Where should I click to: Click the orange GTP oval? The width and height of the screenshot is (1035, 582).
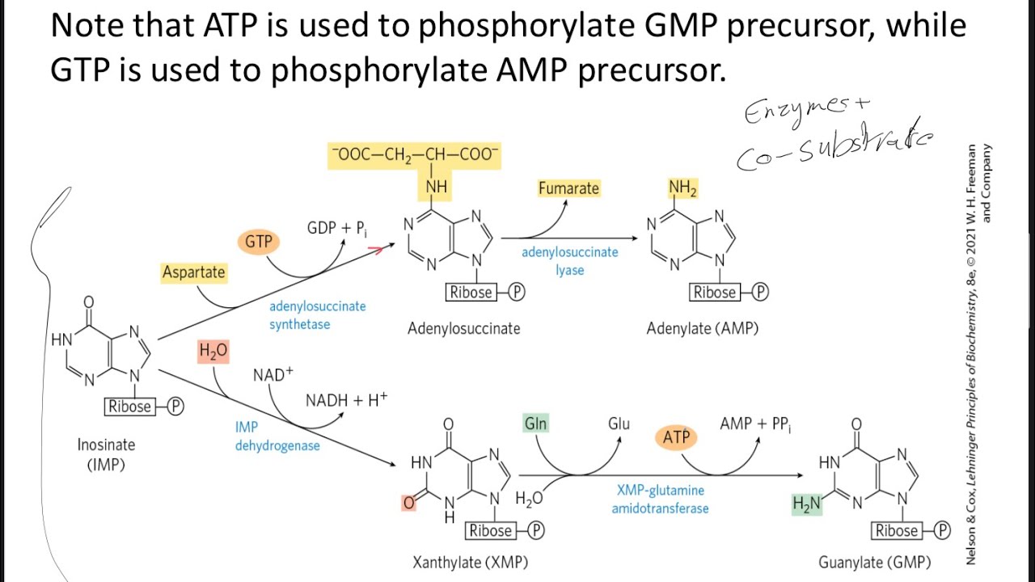click(x=259, y=241)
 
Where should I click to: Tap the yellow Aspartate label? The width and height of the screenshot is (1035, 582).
click(x=193, y=272)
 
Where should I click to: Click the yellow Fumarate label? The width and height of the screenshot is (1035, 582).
click(x=569, y=188)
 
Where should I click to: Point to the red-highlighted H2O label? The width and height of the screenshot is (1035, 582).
click(x=213, y=352)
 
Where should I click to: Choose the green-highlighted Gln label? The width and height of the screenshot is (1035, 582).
click(x=535, y=424)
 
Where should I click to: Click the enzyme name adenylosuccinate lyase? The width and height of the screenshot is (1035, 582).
click(x=569, y=260)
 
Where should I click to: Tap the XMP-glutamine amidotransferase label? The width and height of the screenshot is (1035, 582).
click(x=660, y=499)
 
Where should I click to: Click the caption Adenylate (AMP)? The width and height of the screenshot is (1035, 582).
click(x=703, y=328)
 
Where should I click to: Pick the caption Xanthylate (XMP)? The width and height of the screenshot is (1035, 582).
click(x=471, y=562)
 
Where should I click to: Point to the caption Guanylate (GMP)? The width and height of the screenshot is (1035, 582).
click(x=874, y=562)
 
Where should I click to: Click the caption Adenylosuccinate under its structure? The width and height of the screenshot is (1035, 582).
click(x=464, y=328)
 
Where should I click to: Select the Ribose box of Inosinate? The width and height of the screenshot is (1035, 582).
click(x=130, y=407)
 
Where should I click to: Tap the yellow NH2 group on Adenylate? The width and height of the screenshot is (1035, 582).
click(x=682, y=188)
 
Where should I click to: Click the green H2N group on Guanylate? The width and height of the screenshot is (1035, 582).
click(x=807, y=504)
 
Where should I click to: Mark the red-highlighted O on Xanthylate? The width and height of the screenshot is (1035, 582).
click(x=408, y=503)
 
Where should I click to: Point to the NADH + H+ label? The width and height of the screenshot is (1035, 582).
click(x=346, y=400)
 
